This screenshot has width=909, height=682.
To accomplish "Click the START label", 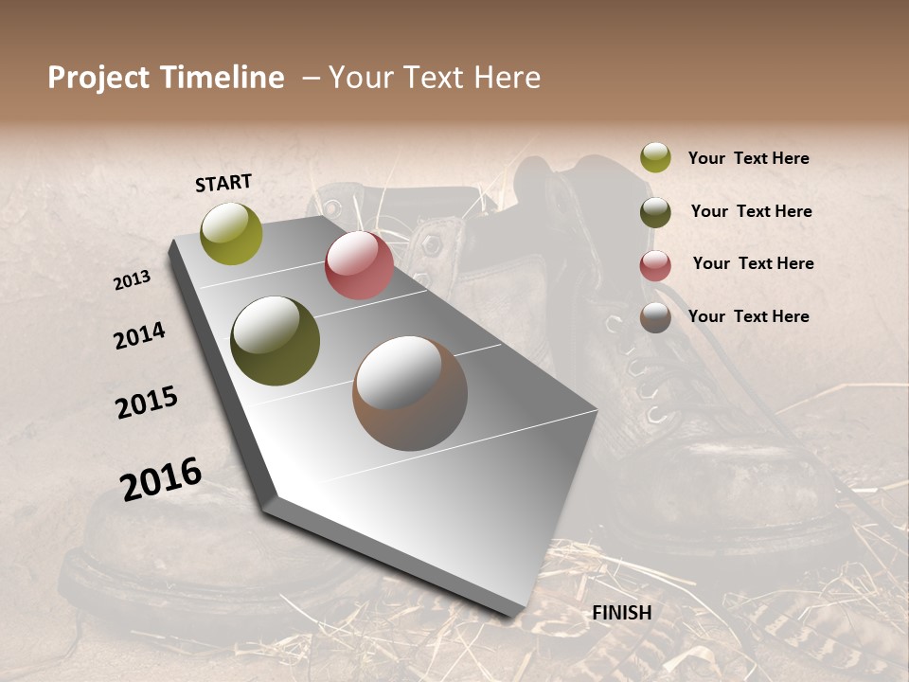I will [223, 182].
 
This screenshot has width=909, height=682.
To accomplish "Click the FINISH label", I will [622, 613].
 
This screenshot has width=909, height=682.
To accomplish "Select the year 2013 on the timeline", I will [132, 280].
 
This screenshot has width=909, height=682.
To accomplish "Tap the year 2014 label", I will [139, 335].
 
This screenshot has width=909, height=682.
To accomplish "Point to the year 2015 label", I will [147, 403].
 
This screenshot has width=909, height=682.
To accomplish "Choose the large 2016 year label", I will [161, 479].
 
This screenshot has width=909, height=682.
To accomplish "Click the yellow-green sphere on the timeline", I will [231, 233].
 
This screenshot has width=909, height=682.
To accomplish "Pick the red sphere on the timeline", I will [359, 265].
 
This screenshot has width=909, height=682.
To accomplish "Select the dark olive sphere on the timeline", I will [276, 341].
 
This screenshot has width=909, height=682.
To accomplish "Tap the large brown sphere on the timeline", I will [410, 393].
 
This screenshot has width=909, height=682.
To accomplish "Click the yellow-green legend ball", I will [655, 157].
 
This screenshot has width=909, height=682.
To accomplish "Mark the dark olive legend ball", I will [655, 212].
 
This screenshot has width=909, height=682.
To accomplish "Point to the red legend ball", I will [655, 265].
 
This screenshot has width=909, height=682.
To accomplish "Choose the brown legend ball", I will [655, 318].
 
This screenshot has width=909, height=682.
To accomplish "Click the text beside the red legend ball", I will [753, 263].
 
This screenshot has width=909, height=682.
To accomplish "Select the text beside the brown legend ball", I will [748, 316].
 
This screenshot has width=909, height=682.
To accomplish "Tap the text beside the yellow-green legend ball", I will [748, 158].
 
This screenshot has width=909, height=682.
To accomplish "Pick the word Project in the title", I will [99, 78].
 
